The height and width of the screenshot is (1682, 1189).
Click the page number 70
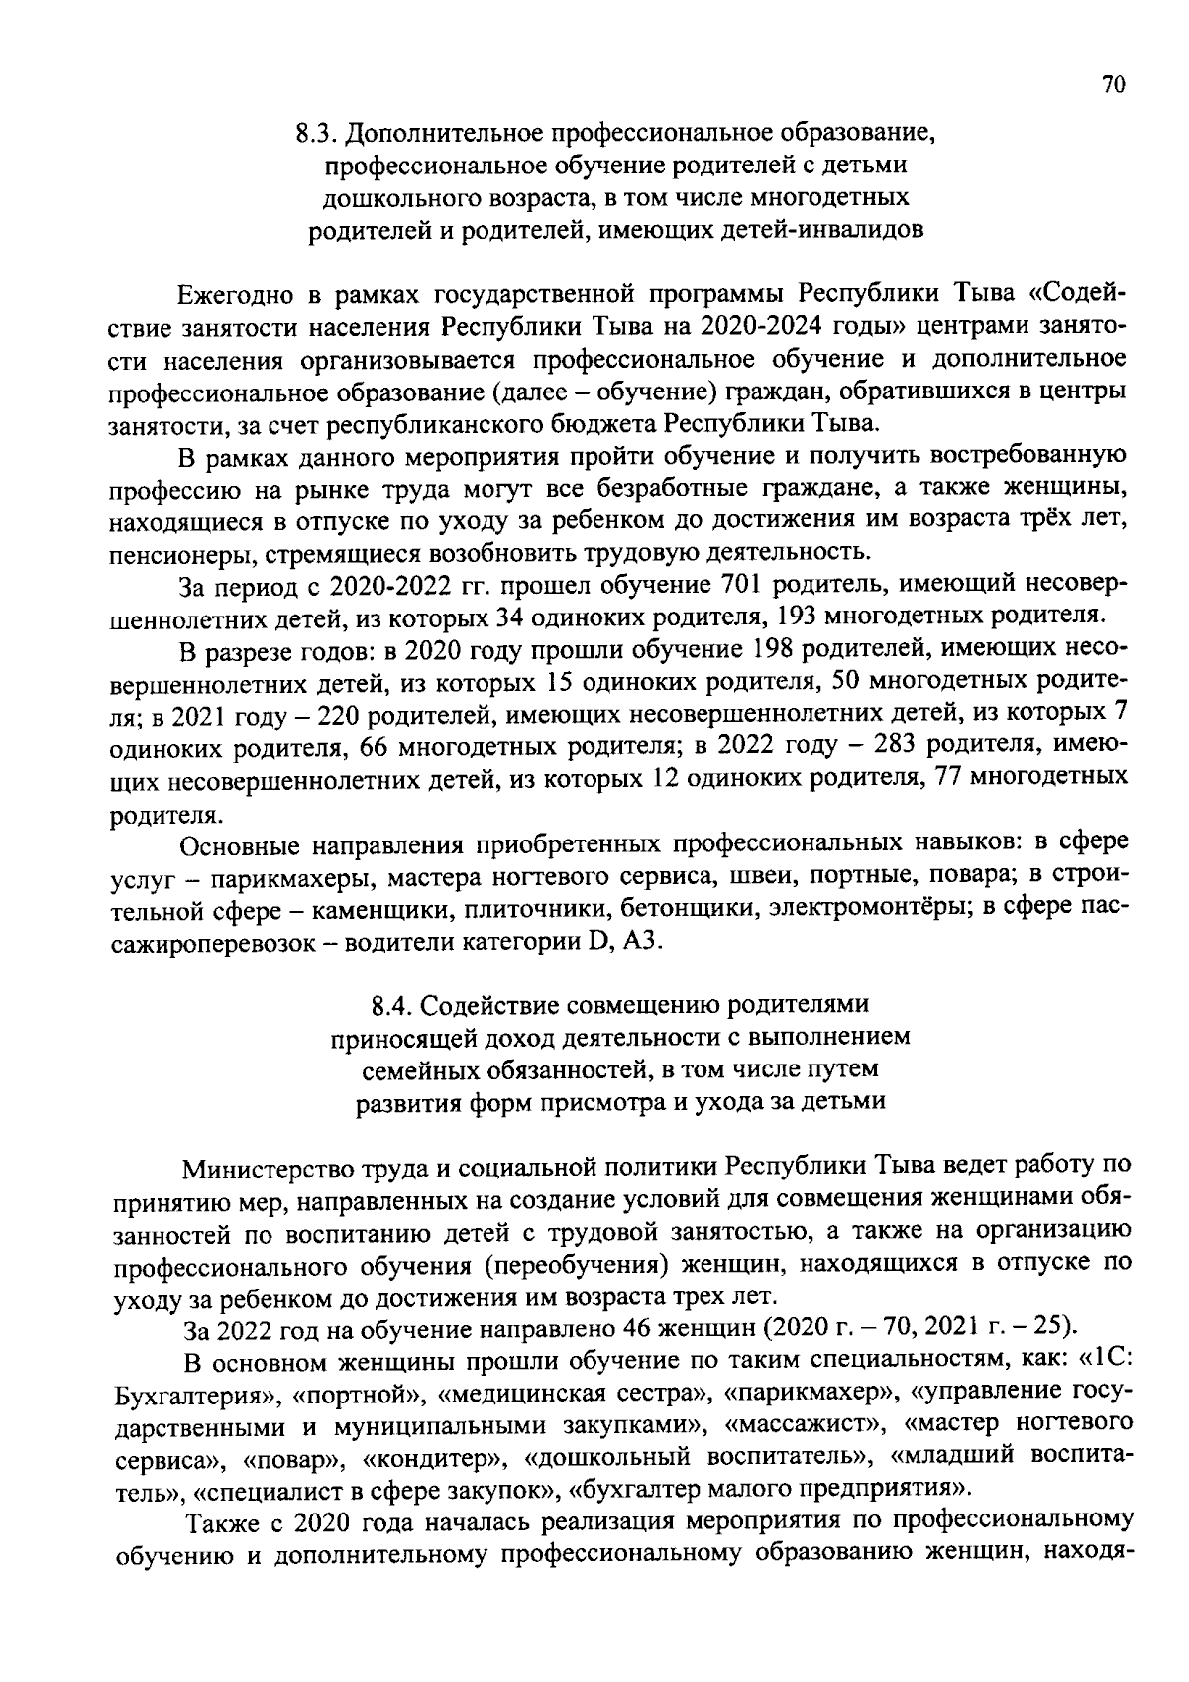[x=1112, y=85]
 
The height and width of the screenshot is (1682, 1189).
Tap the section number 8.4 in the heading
[x=393, y=1006]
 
